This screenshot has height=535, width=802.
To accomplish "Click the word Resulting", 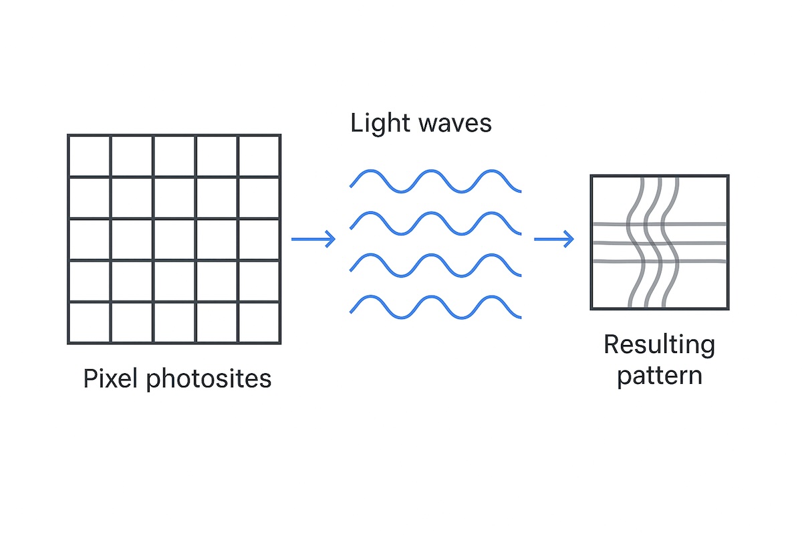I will click(659, 346).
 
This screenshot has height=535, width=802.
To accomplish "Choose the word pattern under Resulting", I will click(659, 375).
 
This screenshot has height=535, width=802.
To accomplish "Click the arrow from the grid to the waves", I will click(313, 239).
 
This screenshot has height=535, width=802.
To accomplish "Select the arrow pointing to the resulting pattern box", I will click(554, 239).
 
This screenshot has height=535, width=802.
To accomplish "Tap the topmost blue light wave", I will click(435, 181).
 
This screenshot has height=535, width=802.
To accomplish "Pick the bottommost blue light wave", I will click(435, 306).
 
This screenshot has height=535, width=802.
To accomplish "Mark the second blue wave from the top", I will click(435, 223).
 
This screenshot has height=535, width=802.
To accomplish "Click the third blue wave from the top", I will click(435, 264).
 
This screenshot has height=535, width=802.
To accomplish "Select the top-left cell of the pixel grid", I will click(90, 156).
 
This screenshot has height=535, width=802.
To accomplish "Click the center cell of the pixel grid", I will click(174, 239).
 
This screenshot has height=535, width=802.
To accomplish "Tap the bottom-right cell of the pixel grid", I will click(259, 322).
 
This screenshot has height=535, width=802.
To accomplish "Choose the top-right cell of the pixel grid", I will click(259, 156).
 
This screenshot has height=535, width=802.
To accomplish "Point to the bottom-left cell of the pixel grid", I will click(90, 322).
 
